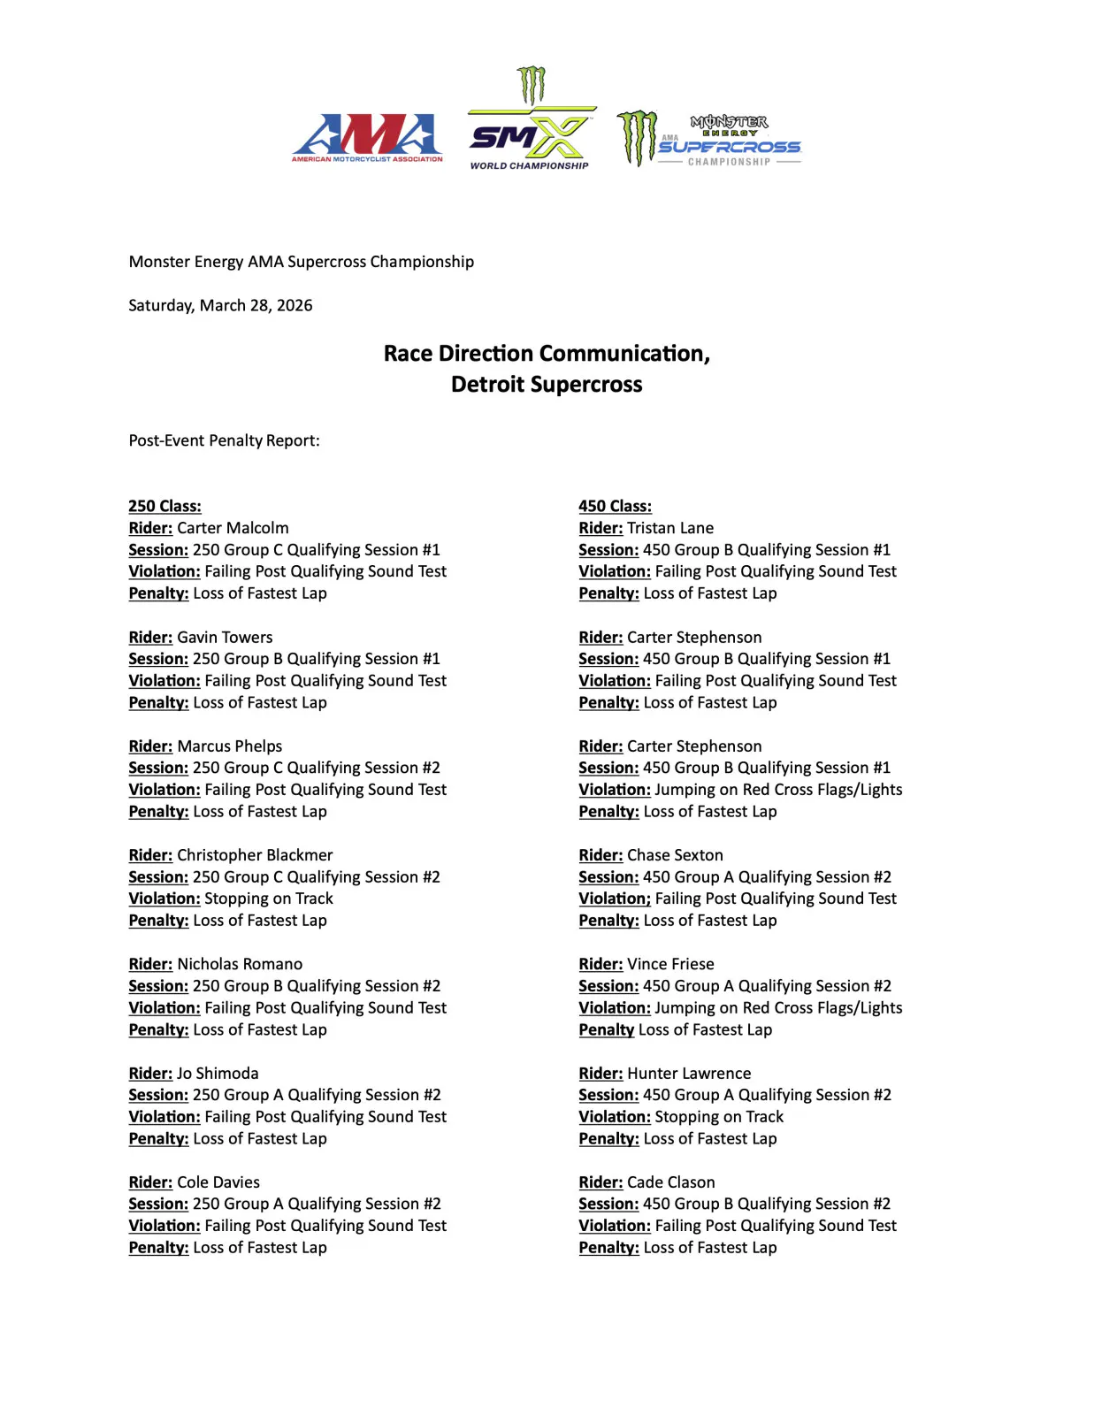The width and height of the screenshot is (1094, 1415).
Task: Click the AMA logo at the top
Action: coord(367,138)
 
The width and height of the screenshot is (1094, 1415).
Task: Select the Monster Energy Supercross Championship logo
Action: coord(709,140)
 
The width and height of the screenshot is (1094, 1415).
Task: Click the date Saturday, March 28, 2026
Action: coord(220,305)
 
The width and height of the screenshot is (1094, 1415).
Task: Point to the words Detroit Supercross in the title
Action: coord(547,385)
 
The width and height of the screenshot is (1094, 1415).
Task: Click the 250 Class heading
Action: coord(164,506)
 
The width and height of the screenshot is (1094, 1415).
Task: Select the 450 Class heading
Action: coord(615,506)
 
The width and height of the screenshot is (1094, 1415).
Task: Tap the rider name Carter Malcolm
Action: coord(233,528)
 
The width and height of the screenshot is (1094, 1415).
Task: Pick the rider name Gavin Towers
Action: coord(225,637)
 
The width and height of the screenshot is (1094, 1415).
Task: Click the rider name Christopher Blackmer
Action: coord(255,855)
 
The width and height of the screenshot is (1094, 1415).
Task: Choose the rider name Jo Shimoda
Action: coord(218,1073)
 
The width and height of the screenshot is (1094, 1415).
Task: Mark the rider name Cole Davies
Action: coord(218,1182)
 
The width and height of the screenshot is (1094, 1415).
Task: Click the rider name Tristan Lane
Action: coord(669,528)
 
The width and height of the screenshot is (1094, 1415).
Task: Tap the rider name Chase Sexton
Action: coord(675,855)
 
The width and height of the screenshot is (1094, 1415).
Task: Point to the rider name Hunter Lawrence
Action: coord(689,1073)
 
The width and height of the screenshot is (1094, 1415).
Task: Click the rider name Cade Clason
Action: coord(670,1182)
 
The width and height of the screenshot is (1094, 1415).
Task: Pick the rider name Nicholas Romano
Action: coord(240,964)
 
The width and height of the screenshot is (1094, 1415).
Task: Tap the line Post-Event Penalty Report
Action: coord(224,440)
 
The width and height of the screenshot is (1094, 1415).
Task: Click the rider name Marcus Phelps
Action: coord(229,746)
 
